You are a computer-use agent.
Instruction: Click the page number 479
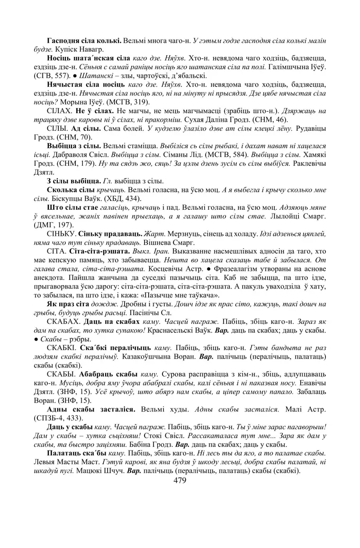(180, 481)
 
